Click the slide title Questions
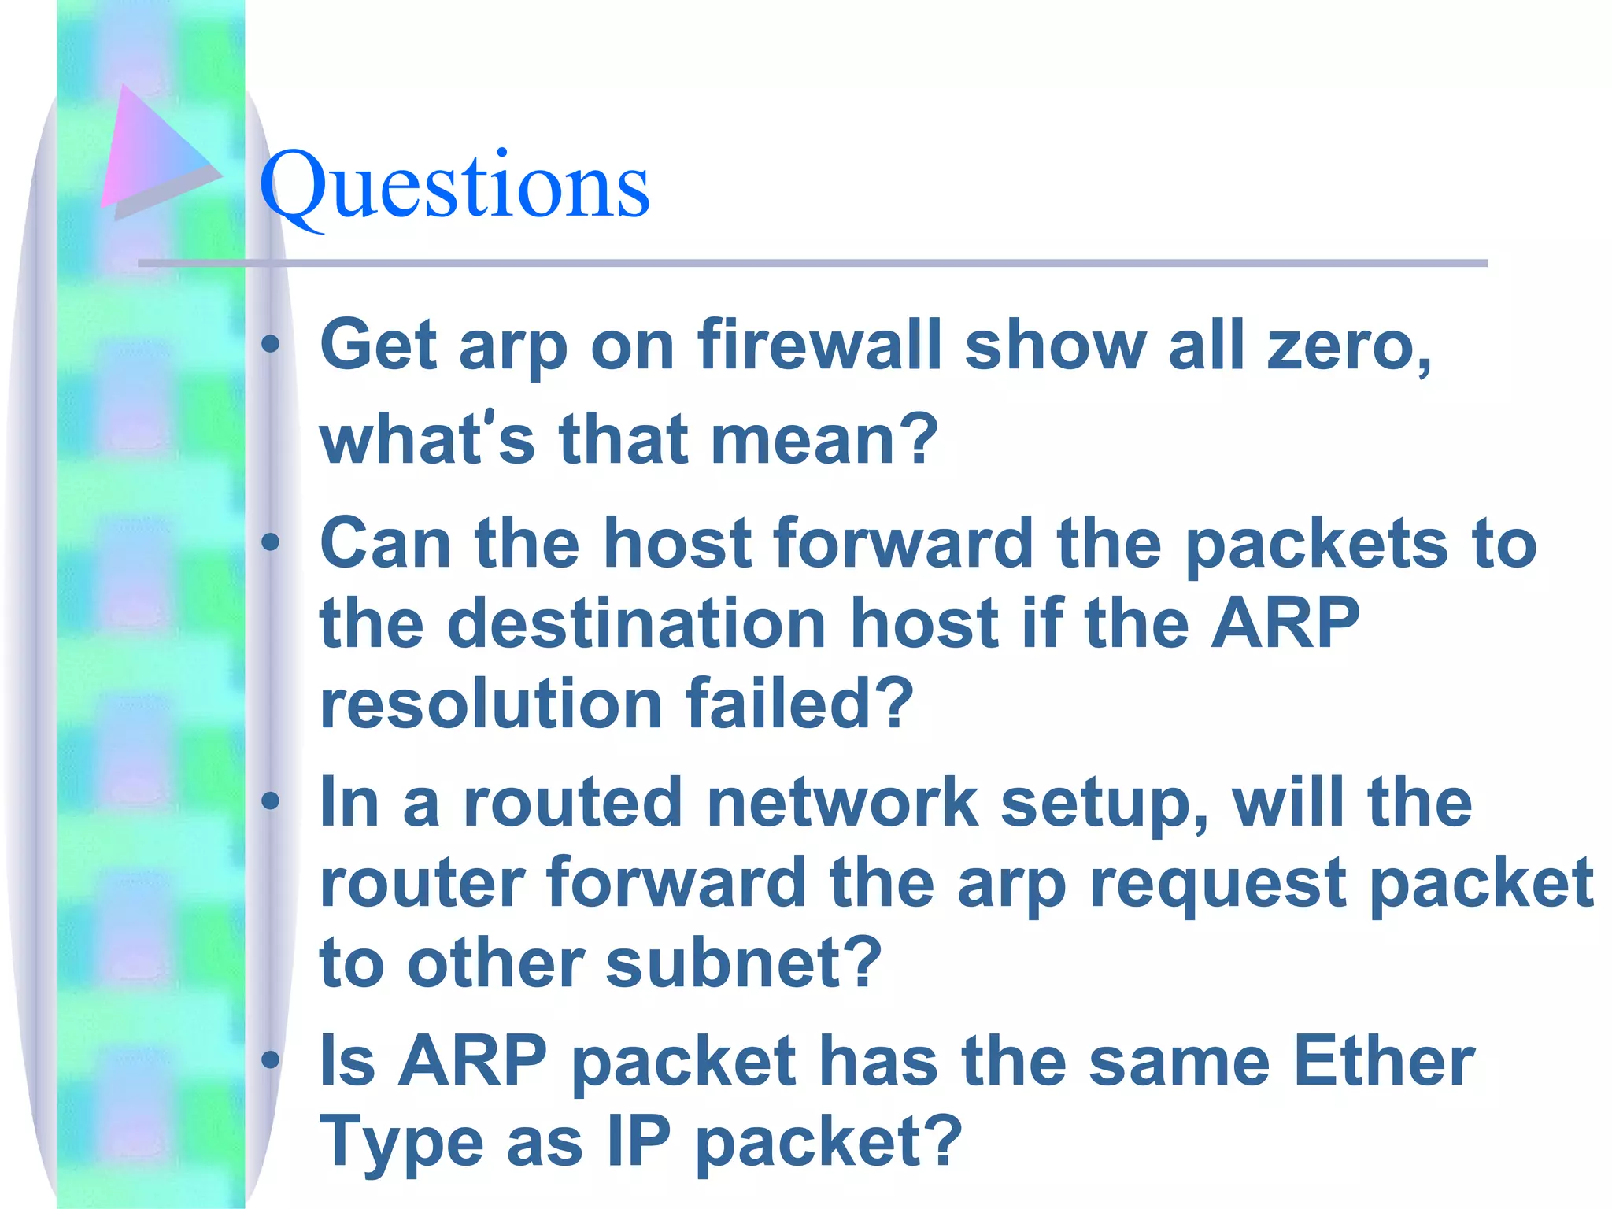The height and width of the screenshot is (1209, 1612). pyautogui.click(x=454, y=187)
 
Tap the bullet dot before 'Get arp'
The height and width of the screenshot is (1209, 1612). pyautogui.click(x=271, y=344)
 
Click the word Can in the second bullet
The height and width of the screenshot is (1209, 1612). pyautogui.click(x=385, y=543)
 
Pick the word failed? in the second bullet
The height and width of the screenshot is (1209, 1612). pyautogui.click(x=799, y=704)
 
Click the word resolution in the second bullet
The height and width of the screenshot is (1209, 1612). pyautogui.click(x=490, y=704)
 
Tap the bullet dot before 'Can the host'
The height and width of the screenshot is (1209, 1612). pyautogui.click(x=271, y=542)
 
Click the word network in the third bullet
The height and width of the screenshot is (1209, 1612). pyautogui.click(x=842, y=803)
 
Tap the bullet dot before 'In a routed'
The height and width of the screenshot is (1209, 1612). pyautogui.click(x=271, y=801)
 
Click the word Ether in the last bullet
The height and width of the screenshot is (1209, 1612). pyautogui.click(x=1384, y=1062)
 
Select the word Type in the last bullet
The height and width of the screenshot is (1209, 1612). pyautogui.click(x=401, y=1142)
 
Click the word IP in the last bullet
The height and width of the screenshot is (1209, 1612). pyautogui.click(x=638, y=1142)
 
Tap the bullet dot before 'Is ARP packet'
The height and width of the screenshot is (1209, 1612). pyautogui.click(x=271, y=1060)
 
